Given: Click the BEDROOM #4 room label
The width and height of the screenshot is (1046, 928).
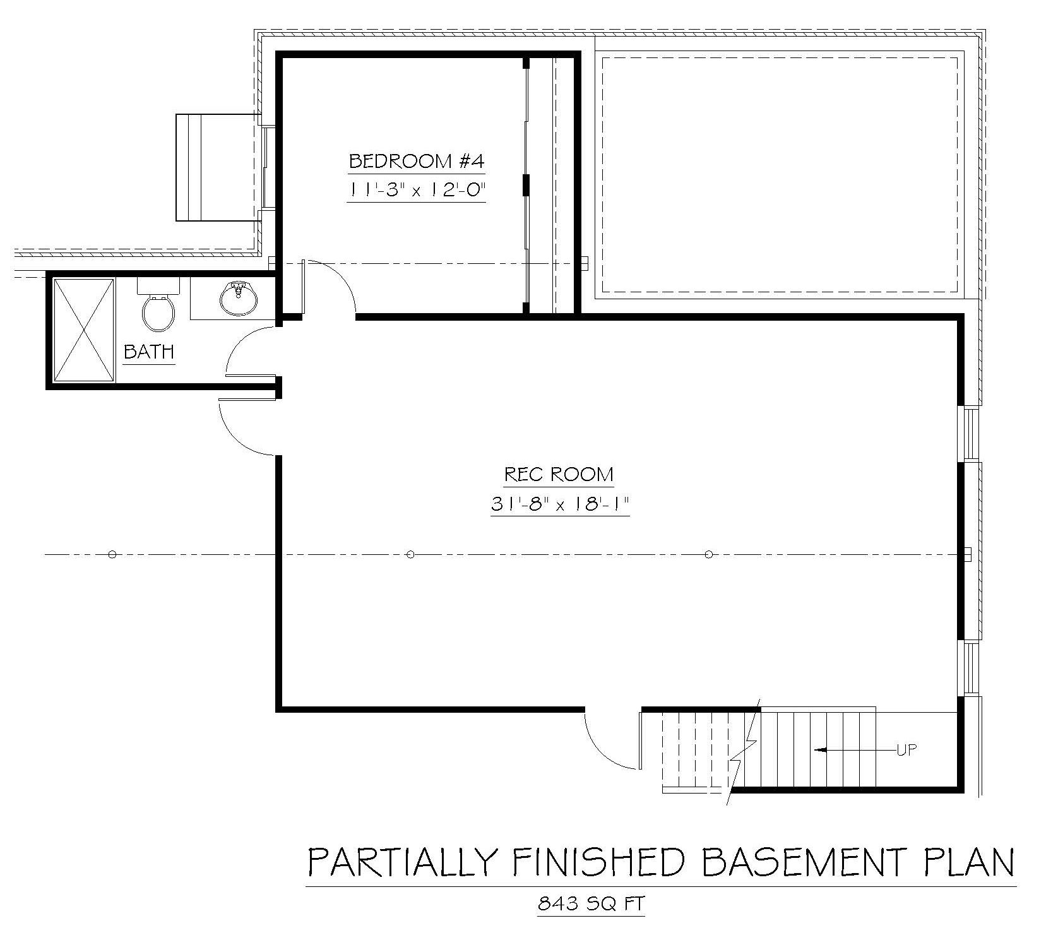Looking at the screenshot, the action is pos(417,161).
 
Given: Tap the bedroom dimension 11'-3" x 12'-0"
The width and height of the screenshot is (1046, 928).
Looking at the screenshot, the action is pos(417,190).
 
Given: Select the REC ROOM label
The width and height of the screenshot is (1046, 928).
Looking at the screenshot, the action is pos(559,474).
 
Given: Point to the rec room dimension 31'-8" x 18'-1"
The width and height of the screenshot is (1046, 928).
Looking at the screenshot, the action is pos(560,504).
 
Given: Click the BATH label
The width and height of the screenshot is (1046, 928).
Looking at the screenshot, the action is pos(149,352).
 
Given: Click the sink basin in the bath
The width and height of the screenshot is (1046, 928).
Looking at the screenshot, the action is pos(238,298).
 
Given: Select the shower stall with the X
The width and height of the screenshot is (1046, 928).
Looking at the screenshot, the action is pos(84,330).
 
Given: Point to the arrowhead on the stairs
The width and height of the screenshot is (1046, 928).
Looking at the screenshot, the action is pos(821,750).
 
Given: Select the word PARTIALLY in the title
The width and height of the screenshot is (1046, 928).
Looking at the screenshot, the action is pos(399,862).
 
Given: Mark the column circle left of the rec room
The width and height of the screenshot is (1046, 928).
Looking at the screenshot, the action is pos(112,555).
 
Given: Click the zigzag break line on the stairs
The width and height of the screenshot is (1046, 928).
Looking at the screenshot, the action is pos(744,752).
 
